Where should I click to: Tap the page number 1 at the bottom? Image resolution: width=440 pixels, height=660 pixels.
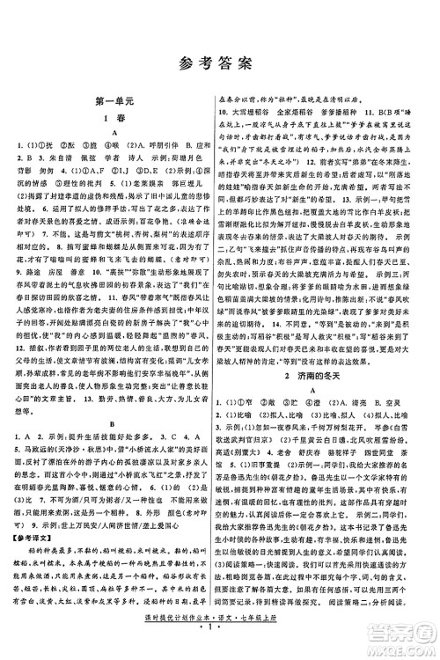[220, 649]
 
